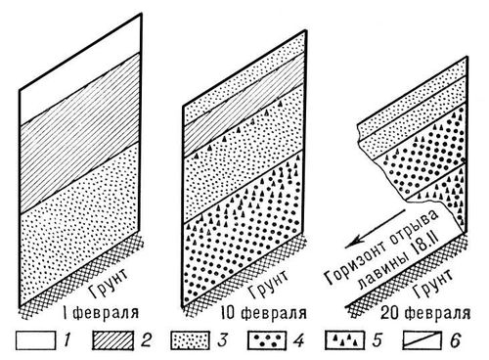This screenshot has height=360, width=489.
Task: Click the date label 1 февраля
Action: click(102, 313)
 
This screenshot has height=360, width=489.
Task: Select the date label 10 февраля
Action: click(263, 313)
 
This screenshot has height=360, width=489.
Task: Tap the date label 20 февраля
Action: click(425, 313)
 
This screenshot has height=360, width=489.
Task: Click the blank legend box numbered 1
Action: click(35, 340)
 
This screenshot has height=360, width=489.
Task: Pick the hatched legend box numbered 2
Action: click(112, 340)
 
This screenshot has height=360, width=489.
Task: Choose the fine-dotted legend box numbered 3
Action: click(190, 340)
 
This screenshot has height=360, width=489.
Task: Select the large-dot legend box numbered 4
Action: click(267, 340)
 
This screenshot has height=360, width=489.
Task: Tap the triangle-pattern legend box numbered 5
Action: click(344, 340)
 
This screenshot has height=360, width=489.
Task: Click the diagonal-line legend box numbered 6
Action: click(422, 340)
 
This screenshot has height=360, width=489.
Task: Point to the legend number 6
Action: click(455, 340)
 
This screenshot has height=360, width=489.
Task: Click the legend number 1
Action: click(67, 340)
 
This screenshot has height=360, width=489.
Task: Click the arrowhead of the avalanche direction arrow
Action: click(352, 242)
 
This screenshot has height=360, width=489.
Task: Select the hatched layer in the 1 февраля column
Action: click(80, 134)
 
